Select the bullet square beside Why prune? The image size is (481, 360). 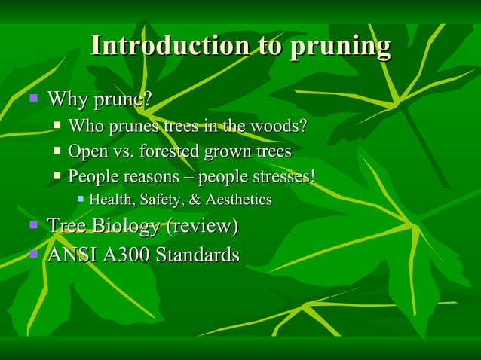(x=32, y=98)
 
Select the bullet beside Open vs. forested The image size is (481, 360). (x=58, y=151)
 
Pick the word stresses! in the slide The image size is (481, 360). (x=284, y=176)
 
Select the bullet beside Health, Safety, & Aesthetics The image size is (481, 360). (x=81, y=199)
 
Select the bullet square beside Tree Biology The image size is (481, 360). (x=32, y=224)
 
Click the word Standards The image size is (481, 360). (x=197, y=255)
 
